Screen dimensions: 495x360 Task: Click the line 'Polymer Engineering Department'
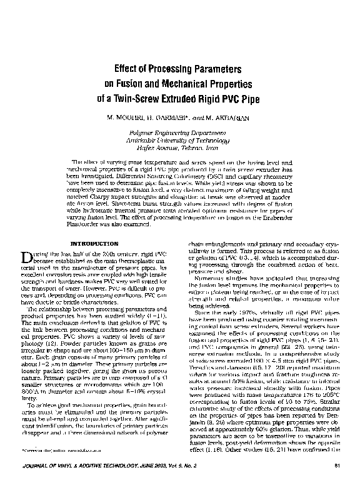coord(179,133)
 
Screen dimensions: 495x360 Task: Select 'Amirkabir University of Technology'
coord(179,140)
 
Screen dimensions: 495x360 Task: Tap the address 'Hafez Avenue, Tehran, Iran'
coord(179,147)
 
